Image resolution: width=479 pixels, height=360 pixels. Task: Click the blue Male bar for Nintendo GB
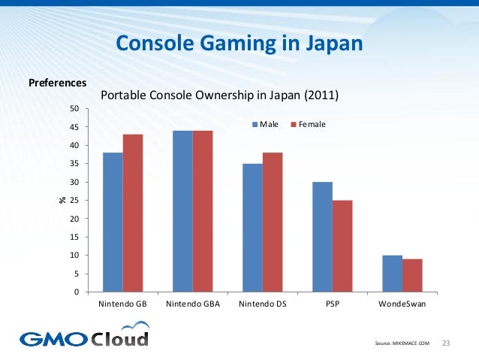click(x=113, y=222)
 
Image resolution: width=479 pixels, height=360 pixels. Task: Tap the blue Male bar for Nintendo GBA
click(x=182, y=211)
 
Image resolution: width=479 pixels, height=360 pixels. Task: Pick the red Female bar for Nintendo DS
click(x=273, y=222)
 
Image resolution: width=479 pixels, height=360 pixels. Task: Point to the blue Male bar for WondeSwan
click(x=392, y=274)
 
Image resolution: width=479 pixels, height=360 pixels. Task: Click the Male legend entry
click(x=267, y=123)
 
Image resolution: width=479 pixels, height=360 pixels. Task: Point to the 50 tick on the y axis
click(x=74, y=109)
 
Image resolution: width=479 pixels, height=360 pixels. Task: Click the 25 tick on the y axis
click(x=74, y=201)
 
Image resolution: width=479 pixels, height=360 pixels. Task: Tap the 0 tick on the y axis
click(x=76, y=292)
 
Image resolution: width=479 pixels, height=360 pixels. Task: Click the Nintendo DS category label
click(x=262, y=304)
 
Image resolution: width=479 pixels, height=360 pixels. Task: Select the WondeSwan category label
click(x=402, y=304)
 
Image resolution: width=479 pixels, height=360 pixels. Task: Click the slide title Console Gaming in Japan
click(x=239, y=44)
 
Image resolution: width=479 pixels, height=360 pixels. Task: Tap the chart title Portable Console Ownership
click(x=219, y=96)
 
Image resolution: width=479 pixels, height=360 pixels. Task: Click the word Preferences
click(x=57, y=82)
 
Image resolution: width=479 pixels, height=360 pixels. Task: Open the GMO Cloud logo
click(x=84, y=336)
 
